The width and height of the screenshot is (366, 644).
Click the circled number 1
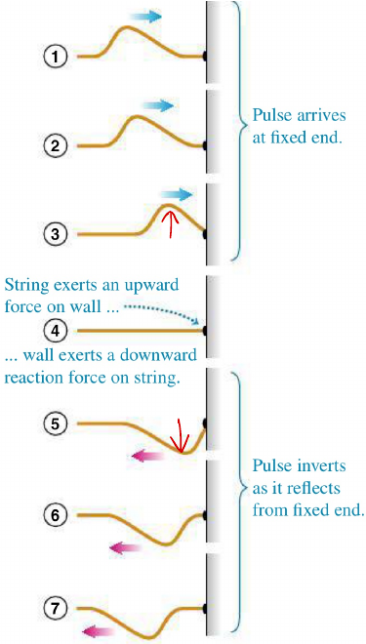(x=56, y=57)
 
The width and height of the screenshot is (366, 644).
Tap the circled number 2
(x=56, y=145)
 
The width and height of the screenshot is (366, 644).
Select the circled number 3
(x=56, y=234)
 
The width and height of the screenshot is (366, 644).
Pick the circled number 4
(x=56, y=330)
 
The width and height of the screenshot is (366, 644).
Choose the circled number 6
(x=56, y=513)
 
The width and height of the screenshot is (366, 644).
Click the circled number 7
(x=56, y=610)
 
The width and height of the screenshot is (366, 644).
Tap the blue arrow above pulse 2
(x=157, y=104)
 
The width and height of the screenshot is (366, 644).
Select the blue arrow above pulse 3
(x=178, y=195)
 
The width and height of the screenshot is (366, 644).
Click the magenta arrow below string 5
(x=147, y=456)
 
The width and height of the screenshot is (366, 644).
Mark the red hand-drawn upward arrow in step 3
(x=171, y=224)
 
